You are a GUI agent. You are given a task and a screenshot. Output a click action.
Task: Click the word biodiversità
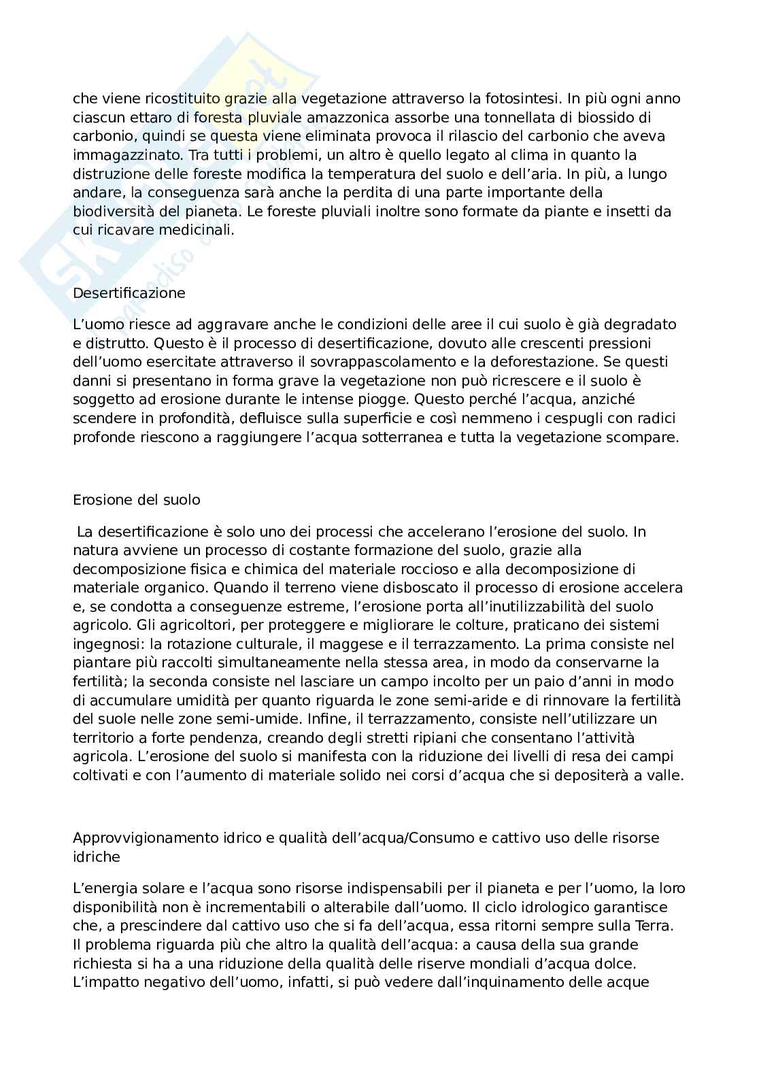pos(110,212)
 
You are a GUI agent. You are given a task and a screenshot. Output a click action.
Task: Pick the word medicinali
pos(197,230)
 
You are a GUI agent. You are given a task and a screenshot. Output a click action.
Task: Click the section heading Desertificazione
pos(129,293)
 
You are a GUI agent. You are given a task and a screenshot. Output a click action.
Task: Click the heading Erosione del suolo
pos(136,500)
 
